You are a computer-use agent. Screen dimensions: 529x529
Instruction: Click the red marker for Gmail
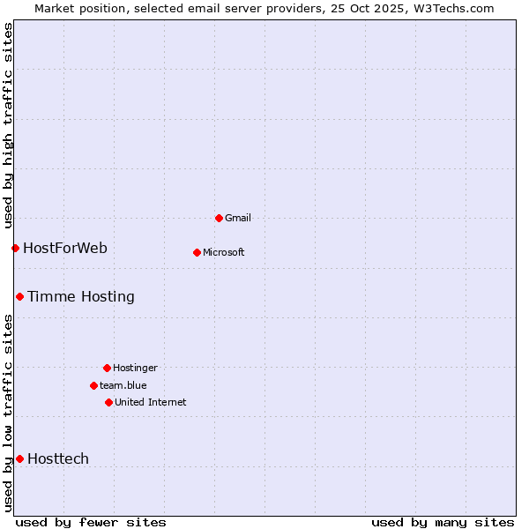click(x=219, y=218)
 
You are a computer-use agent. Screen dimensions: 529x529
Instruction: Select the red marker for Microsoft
click(x=197, y=252)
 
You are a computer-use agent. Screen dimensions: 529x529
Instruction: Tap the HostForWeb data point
click(x=15, y=248)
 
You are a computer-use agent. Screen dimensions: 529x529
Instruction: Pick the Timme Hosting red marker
click(x=19, y=296)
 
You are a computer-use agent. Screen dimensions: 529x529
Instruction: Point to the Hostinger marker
click(x=107, y=368)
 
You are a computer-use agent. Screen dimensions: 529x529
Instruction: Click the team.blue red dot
click(x=93, y=385)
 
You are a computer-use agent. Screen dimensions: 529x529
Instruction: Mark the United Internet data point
click(x=108, y=402)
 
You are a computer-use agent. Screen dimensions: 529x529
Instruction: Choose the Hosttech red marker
click(x=19, y=458)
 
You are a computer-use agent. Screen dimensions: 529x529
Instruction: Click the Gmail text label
click(x=238, y=218)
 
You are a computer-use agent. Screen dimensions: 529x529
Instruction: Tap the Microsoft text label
click(x=224, y=252)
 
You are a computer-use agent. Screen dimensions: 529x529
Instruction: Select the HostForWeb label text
click(x=65, y=248)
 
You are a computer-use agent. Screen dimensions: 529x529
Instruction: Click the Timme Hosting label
click(x=81, y=296)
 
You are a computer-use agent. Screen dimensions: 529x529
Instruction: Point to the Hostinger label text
click(x=135, y=368)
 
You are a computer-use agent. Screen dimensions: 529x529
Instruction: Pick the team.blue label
click(x=123, y=385)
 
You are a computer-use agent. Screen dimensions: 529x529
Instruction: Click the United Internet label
click(x=151, y=402)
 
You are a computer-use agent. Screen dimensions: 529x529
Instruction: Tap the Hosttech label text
click(x=58, y=458)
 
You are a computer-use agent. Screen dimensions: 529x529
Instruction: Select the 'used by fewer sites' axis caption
click(x=91, y=522)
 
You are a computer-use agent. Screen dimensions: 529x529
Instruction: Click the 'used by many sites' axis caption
click(x=443, y=522)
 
